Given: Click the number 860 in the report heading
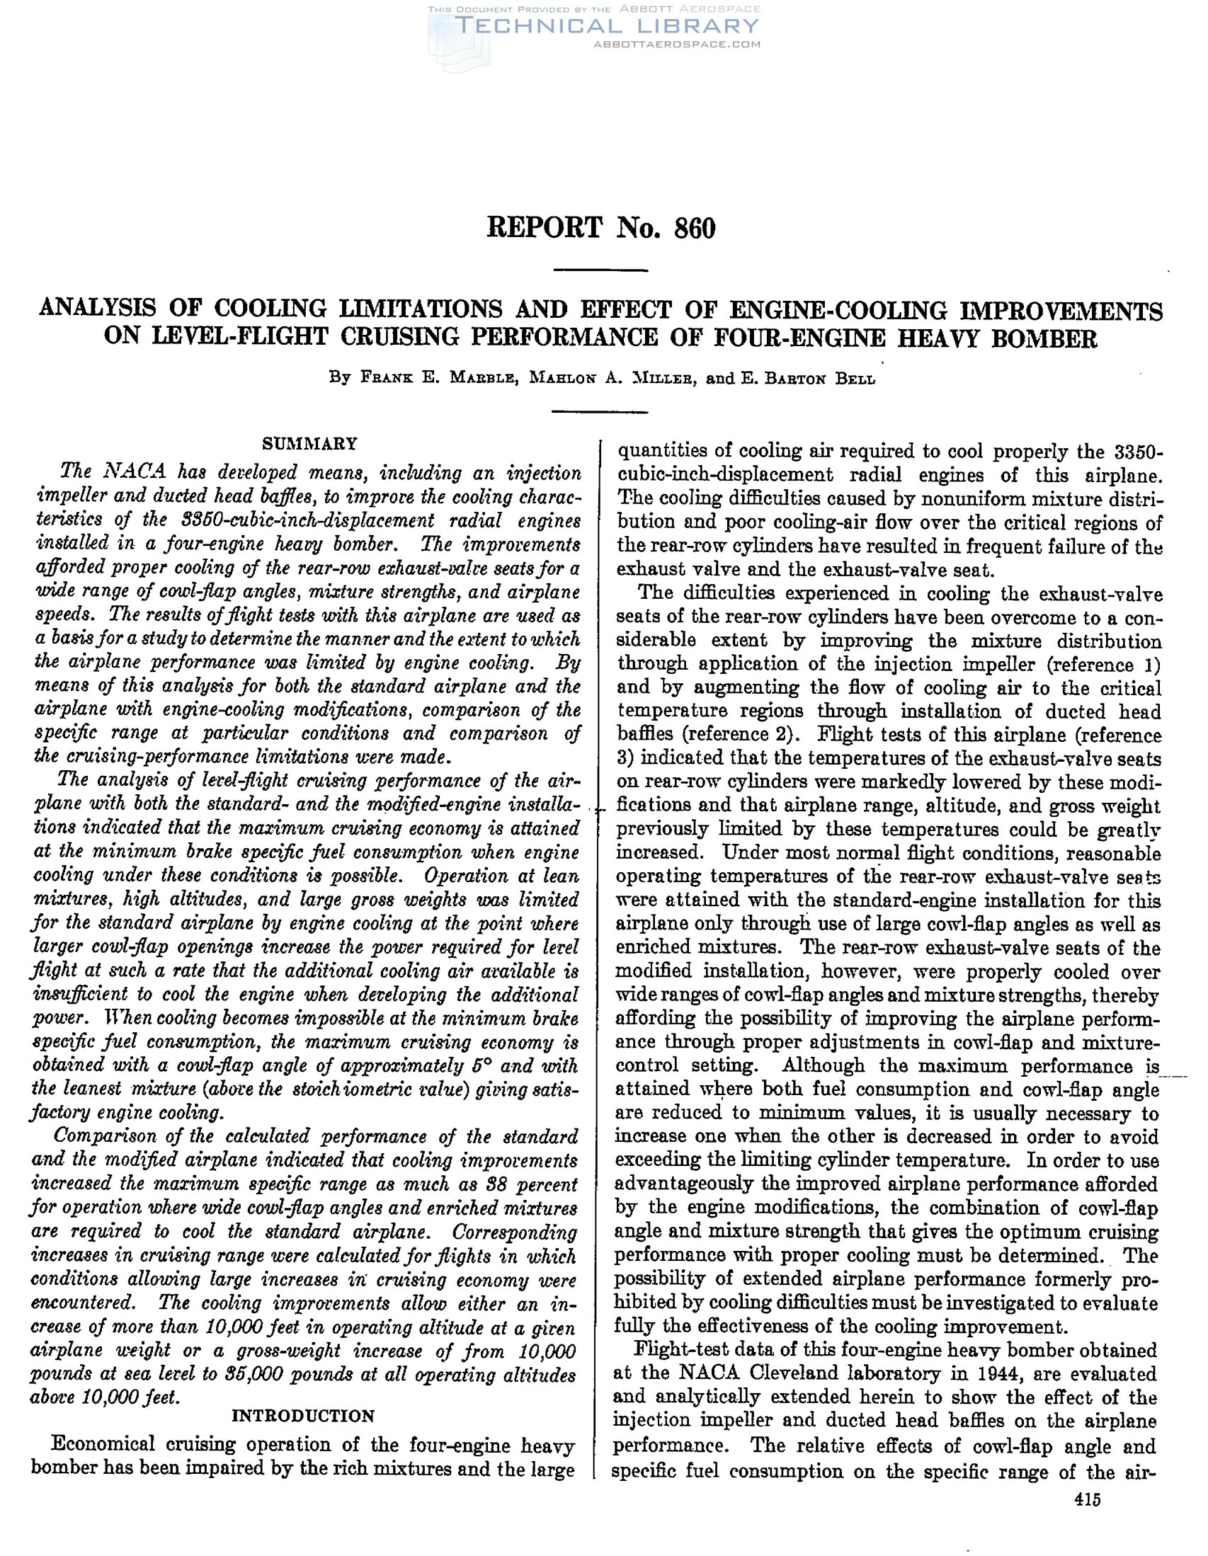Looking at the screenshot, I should [693, 228].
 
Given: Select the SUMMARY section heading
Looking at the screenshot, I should [309, 444].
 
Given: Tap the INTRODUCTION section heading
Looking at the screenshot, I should [304, 1416].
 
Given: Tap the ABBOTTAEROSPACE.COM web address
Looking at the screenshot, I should [677, 44].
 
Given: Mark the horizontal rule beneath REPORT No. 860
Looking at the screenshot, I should [600, 270].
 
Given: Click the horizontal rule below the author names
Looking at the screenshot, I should [600, 412].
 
